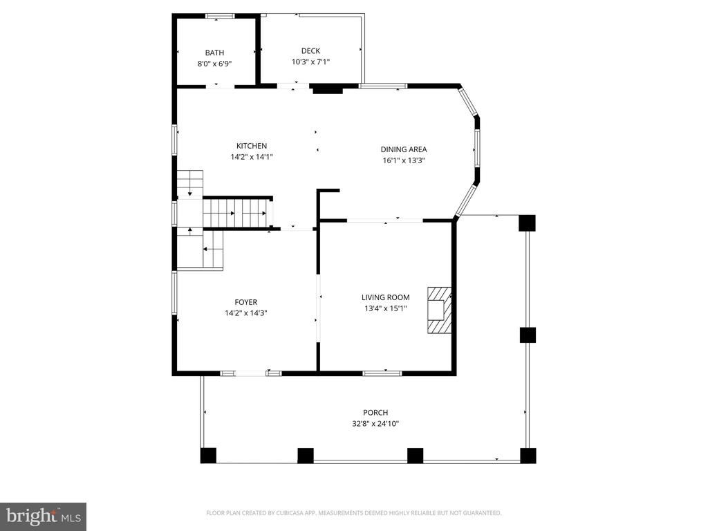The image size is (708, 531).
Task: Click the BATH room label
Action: click(214, 53)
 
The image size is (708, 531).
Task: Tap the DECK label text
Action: click(310, 51)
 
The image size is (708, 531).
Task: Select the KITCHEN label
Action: click(252, 146)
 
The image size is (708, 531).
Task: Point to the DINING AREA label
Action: click(404, 149)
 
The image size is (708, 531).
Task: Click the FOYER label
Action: click(246, 302)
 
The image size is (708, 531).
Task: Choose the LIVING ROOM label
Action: click(386, 297)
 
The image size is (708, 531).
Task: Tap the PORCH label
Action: click(375, 412)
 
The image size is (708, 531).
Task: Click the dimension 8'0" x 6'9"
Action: click(214, 64)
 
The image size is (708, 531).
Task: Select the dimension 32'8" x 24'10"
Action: click(375, 424)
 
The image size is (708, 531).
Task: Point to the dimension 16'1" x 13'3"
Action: click(404, 160)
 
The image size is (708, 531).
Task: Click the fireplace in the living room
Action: click(439, 310)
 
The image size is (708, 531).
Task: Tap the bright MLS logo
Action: click(44, 516)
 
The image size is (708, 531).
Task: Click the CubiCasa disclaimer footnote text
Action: click(353, 513)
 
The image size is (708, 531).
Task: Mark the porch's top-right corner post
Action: click(528, 223)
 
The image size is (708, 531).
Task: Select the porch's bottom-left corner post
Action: click(208, 456)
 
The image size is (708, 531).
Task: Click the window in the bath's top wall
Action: click(221, 17)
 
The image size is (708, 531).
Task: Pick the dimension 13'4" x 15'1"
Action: click(386, 308)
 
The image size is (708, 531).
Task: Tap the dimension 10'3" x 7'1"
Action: click(310, 62)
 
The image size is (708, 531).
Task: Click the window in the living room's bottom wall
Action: click(382, 373)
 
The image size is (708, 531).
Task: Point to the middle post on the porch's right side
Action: click(528, 335)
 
